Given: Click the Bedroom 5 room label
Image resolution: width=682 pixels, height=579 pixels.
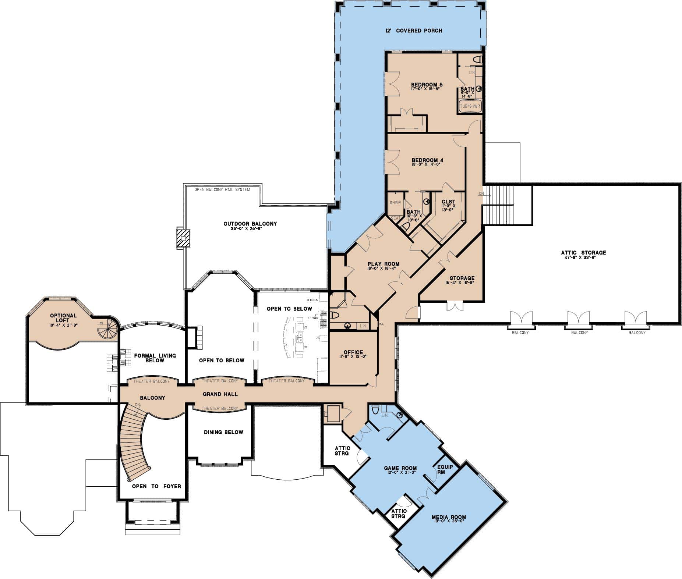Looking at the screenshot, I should coord(427,85).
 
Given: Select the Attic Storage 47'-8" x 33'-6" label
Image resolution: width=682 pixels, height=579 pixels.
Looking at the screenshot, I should coord(583,253).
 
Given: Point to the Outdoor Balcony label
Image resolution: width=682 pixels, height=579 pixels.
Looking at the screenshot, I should coord(250,224).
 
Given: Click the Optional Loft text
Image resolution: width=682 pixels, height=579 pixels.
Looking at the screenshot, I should coord(63,318).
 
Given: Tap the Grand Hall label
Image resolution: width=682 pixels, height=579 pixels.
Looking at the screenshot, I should coord(220,394).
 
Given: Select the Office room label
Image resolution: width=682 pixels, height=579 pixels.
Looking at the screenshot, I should coord(353,352).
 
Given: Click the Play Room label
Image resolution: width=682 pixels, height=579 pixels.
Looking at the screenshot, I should coord(383,264).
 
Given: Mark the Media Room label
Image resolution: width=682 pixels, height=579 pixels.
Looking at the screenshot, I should coord(449,517).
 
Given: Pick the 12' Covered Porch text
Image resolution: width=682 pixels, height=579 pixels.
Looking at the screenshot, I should coord(414,31).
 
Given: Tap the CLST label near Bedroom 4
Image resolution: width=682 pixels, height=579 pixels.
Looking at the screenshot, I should coord(448,202).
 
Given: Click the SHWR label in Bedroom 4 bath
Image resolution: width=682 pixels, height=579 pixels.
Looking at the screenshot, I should coord(395,203).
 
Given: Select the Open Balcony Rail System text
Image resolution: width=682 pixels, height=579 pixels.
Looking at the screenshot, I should coord(222,190).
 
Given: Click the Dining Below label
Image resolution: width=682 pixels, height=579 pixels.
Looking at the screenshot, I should coord(223,432).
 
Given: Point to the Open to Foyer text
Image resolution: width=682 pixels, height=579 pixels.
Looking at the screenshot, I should coord(156,486).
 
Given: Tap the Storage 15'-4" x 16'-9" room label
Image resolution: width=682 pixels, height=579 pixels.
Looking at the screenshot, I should coord(462,278).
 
